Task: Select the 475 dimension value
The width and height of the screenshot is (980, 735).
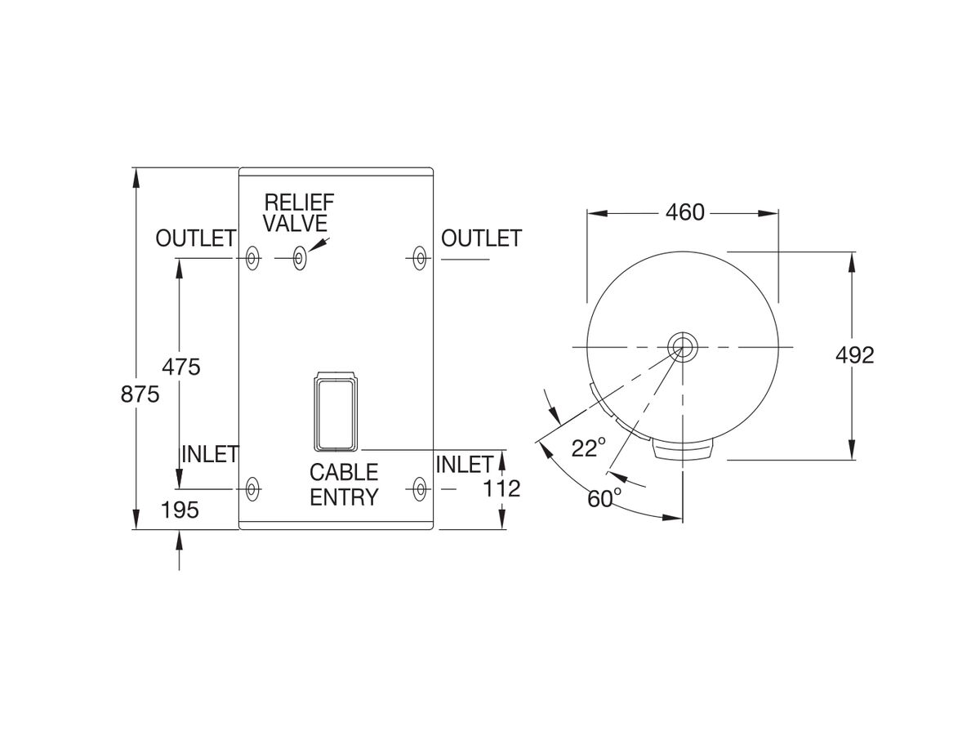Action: point(180,367)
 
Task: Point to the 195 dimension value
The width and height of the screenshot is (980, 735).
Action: point(180,510)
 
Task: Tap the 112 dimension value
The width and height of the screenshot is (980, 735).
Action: point(501,488)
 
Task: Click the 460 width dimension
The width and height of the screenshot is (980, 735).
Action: point(684,212)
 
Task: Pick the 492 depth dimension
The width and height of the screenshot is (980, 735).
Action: point(854,354)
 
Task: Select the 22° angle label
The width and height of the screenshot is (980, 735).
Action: point(589,448)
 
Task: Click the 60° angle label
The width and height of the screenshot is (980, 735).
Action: point(604,498)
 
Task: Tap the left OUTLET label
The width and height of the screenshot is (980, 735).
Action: point(196,238)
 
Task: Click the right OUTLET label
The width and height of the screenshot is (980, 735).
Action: point(481,238)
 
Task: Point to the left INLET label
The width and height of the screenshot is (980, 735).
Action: point(209,455)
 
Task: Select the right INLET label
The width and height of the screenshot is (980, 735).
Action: point(464,465)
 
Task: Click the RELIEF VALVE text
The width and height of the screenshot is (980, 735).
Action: point(298,212)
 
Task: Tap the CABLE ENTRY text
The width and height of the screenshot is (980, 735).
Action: point(343,484)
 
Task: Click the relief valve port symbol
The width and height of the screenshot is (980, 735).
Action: point(300,258)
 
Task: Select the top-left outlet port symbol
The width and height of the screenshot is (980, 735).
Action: point(252,258)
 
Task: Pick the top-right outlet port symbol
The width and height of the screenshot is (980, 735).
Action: point(420,258)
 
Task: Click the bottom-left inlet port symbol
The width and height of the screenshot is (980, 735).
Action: point(252,489)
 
